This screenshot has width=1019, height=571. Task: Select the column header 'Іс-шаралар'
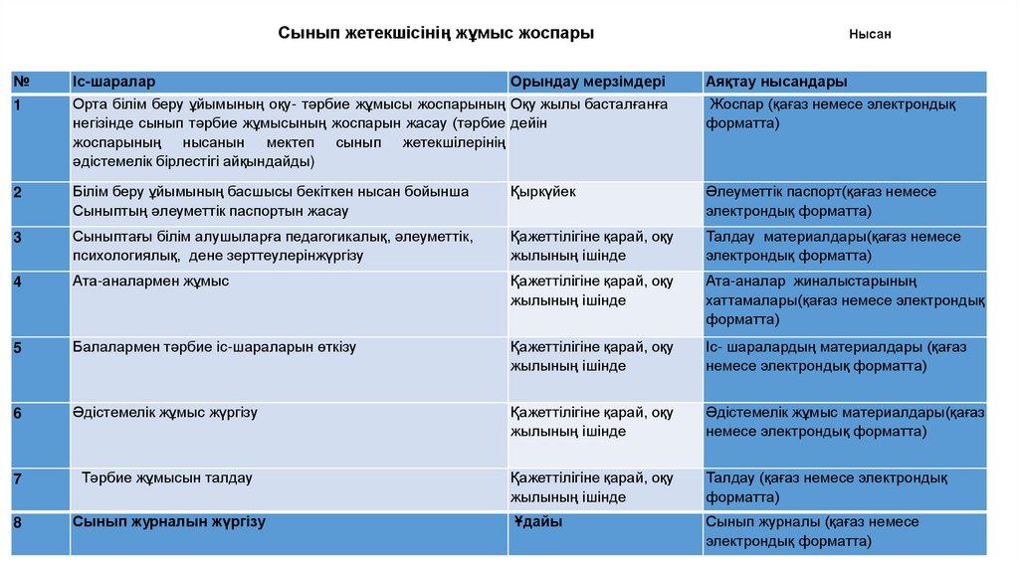click(113, 81)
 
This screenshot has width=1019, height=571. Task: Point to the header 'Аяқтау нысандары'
click(776, 81)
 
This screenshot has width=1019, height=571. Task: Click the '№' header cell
click(21, 81)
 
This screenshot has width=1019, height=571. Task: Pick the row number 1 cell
click(19, 104)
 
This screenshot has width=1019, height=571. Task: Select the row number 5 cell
click(19, 348)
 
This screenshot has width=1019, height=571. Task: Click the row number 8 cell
click(19, 522)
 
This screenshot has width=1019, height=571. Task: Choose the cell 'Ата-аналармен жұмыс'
click(150, 282)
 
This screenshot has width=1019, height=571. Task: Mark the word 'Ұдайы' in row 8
click(538, 521)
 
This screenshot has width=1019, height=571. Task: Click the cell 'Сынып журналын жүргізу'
click(169, 520)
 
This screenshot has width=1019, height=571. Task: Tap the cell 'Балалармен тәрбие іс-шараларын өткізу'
click(214, 347)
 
